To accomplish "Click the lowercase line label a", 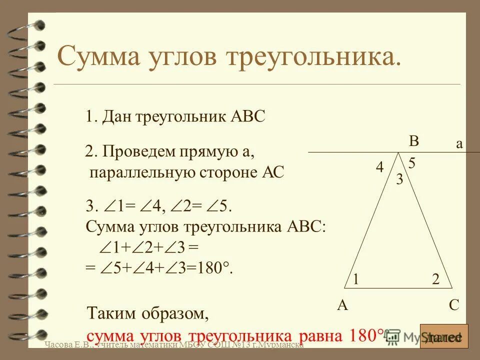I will coord(459,144).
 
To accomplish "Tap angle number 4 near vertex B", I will coord(380,168).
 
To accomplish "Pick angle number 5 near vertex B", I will coord(412,163).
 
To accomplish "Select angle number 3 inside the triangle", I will coord(399,179).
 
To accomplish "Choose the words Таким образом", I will coord(147,314).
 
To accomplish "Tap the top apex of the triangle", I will coord(398,152).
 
